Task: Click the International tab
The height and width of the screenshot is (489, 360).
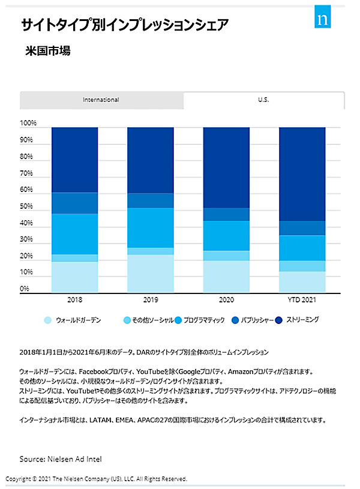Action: coord(101,100)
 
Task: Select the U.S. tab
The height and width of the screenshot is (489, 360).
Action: coord(263,100)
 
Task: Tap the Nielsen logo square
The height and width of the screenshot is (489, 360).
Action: coord(325,18)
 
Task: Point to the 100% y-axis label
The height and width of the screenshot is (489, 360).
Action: coord(28,124)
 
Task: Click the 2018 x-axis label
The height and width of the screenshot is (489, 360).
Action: coord(74,299)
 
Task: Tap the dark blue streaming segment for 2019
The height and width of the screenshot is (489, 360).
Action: coord(150,160)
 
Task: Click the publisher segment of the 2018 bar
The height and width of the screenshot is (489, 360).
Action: coord(74,203)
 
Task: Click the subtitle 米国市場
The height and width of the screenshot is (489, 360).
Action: coord(48,51)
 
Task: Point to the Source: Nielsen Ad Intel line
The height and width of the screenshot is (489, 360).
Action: coord(61,459)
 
